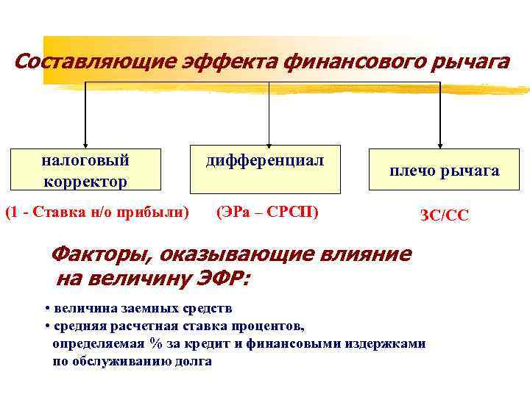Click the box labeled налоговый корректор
85,170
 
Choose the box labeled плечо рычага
444,171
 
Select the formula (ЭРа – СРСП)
268,213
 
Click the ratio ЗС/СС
444,216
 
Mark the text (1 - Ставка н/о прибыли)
97,213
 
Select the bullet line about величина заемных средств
138,308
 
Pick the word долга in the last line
193,362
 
